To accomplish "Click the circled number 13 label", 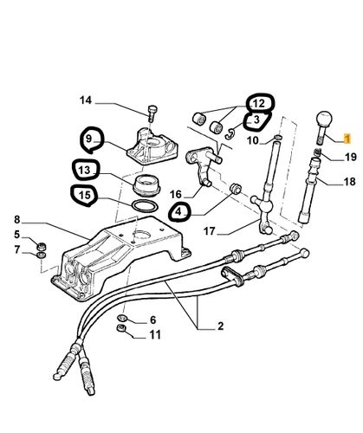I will tap(83, 170).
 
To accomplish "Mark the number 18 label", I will tap(349, 182).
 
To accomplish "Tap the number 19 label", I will tap(349, 157).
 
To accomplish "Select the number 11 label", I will tap(153, 334).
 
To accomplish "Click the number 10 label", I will tap(254, 139).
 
